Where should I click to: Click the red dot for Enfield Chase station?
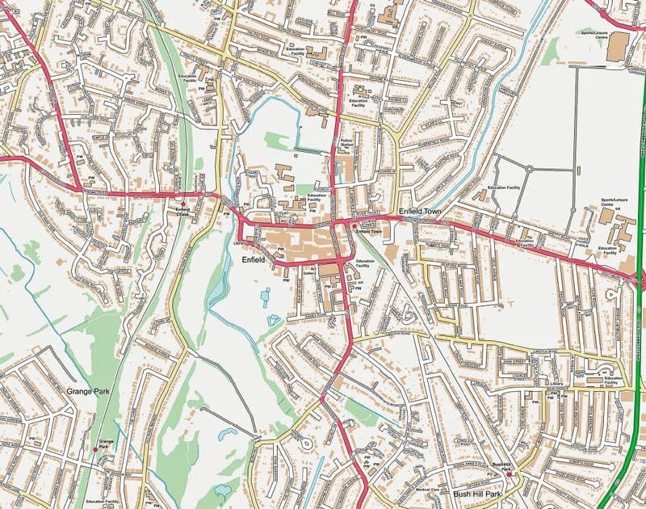pos(183,202)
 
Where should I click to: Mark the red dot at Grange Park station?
pos(96,448)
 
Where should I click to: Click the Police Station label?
pos(350,143)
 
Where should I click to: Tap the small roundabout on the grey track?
pos(529,169)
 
